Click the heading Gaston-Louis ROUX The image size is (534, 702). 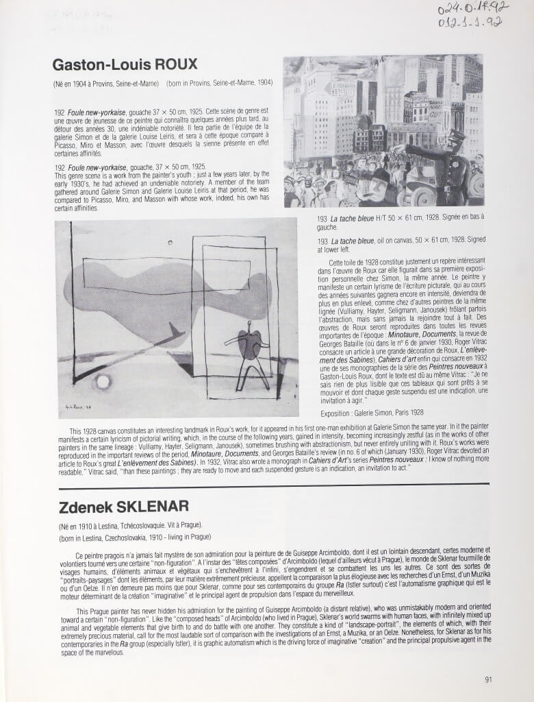tap(125, 64)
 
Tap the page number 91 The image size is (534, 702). tap(488, 679)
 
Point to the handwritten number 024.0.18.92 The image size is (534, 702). tap(472, 9)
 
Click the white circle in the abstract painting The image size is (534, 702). tap(103, 381)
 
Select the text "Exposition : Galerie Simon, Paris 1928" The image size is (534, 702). tap(372, 413)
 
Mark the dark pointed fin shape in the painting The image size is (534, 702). tap(176, 332)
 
